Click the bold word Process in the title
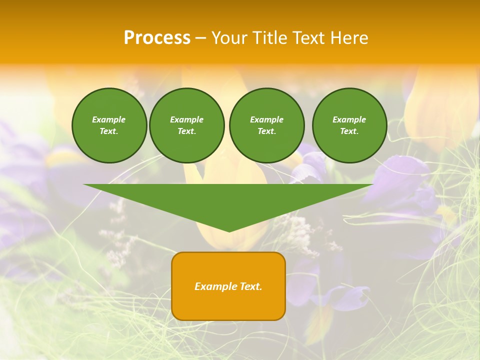tap(157, 38)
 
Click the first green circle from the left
tap(109, 125)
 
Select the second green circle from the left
tap(186, 125)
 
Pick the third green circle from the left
tap(266, 125)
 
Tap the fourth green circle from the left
tap(349, 125)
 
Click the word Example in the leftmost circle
tap(109, 119)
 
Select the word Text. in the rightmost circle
tap(349, 131)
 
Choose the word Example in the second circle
tap(186, 119)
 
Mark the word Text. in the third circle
tap(266, 131)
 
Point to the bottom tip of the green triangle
tap(229, 230)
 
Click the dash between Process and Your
tap(200, 38)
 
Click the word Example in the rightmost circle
tap(349, 119)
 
